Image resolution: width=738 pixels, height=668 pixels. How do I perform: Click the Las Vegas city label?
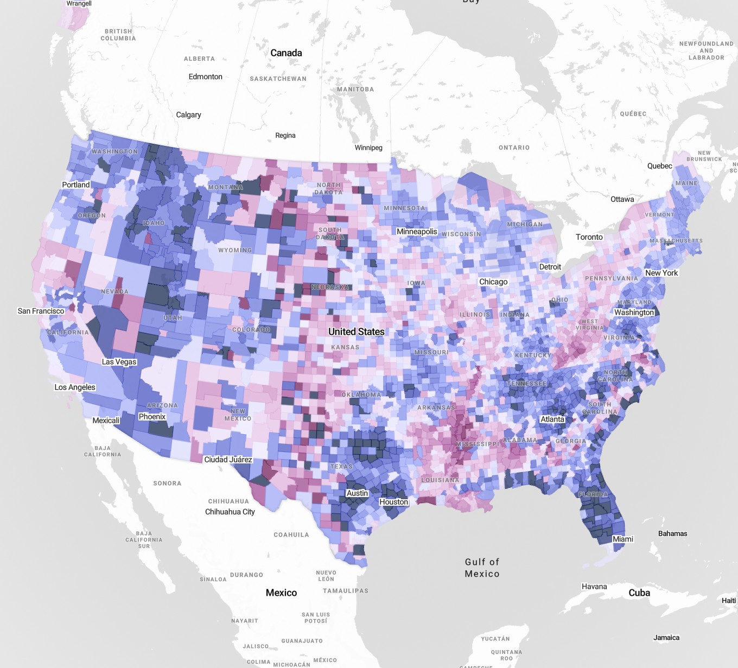(x=119, y=362)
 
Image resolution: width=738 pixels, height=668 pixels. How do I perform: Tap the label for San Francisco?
(x=41, y=311)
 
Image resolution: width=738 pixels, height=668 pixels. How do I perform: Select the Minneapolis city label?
(x=417, y=232)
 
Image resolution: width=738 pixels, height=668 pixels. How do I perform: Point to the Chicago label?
(x=493, y=282)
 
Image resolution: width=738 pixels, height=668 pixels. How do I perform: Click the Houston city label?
(x=393, y=502)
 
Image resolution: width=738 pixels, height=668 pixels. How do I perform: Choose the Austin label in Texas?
(x=357, y=493)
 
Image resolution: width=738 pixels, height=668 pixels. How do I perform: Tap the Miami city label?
(x=622, y=539)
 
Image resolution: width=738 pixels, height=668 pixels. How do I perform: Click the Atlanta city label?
(x=552, y=419)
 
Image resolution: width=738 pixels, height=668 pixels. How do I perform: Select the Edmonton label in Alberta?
(x=205, y=77)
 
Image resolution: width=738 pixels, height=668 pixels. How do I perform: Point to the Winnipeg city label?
(x=368, y=148)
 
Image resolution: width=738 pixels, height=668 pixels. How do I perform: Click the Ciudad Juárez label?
(x=228, y=460)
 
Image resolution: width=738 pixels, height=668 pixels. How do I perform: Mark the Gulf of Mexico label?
(x=482, y=568)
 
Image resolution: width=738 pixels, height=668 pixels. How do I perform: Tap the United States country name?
(x=356, y=332)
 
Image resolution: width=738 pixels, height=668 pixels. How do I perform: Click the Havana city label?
(x=594, y=587)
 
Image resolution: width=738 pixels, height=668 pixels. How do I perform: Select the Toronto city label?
(x=589, y=237)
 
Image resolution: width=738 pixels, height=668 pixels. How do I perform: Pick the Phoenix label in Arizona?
(x=152, y=417)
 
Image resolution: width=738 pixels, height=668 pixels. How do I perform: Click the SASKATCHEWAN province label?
(x=278, y=79)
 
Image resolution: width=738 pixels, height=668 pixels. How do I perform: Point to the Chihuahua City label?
(x=230, y=512)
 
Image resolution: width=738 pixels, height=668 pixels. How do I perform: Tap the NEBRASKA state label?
(x=330, y=287)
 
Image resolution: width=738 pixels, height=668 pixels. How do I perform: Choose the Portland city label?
(x=76, y=185)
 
